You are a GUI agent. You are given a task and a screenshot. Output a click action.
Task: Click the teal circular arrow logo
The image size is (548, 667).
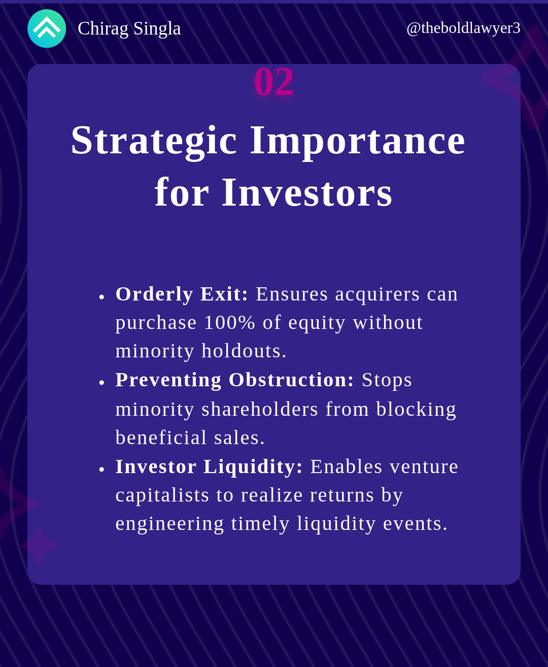coord(47,28)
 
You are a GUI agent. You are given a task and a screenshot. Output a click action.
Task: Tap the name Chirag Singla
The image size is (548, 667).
coord(129,28)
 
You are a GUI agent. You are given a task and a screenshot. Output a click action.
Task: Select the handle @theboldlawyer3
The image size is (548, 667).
coord(463,28)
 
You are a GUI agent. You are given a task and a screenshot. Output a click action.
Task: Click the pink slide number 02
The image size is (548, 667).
coord(274,82)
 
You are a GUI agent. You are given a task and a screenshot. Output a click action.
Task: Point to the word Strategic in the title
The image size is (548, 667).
coord(154,141)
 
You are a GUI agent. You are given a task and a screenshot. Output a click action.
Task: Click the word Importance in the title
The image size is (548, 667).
coord(358,141)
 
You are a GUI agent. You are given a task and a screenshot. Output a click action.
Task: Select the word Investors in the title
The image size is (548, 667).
coord(307,192)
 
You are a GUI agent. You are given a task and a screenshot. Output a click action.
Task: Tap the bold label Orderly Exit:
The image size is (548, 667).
coord(182,294)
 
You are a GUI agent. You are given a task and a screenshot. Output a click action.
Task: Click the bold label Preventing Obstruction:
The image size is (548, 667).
coord(234,380)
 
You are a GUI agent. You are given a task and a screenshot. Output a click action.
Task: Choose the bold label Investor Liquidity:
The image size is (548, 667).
coord(209,467)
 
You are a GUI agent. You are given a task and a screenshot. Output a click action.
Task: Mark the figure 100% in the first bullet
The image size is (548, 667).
coord(229,323)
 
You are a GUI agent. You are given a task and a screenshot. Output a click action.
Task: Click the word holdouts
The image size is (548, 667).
coord(244,351)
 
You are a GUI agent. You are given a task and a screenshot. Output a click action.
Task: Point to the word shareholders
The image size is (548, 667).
coord(260,409)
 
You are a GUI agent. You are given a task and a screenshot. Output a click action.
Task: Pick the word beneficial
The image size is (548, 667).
coord(161,438)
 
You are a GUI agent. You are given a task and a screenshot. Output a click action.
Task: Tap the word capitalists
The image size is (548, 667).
coord(162,495)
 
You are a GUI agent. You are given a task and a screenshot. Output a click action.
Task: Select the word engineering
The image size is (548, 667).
coord(170,524)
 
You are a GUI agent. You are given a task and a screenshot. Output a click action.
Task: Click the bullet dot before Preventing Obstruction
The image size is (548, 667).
coord(101,383)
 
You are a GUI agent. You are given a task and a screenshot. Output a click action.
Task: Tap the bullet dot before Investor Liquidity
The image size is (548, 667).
coord(101,470)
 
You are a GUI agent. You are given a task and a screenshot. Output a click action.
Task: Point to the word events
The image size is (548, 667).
coord(415,524)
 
